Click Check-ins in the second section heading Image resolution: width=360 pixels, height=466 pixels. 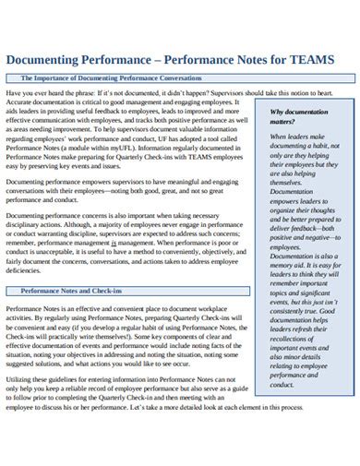click(x=103, y=291)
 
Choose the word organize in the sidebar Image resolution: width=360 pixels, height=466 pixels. click(x=286, y=209)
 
